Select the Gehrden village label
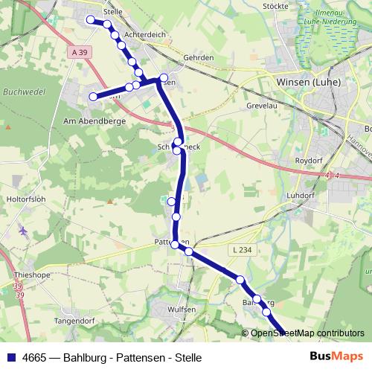point(199,57)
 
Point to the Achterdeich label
point(144,34)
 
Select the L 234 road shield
point(241,249)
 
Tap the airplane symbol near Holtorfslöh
point(25,231)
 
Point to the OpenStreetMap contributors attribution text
point(308,333)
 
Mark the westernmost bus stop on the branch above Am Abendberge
point(94,97)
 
